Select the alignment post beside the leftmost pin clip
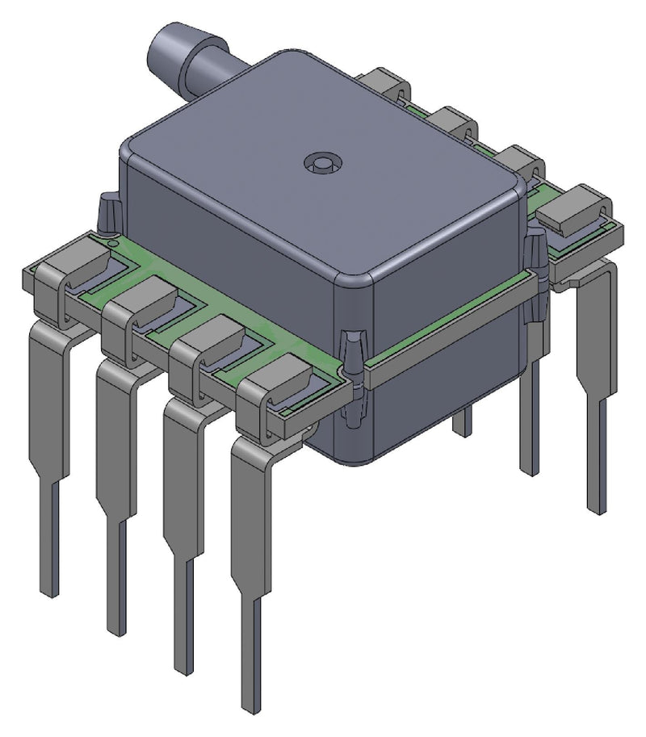107,214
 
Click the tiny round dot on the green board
115,241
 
